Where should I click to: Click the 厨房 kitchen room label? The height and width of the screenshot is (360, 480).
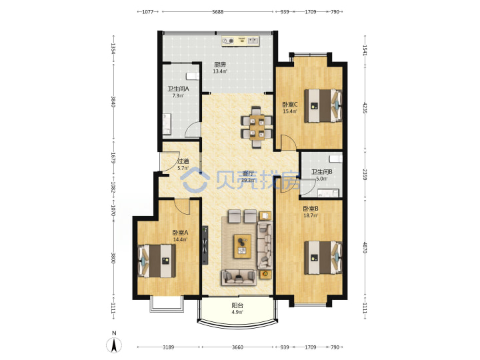click(220, 65)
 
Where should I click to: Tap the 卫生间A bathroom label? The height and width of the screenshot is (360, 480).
click(178, 89)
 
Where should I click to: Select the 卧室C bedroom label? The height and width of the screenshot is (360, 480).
click(289, 105)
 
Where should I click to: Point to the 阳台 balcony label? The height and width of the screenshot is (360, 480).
click(237, 305)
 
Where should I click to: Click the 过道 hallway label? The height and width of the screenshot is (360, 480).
click(183, 161)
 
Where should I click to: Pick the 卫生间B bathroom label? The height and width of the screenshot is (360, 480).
click(322, 172)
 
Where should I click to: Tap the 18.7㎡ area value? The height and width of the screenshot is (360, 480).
click(311, 215)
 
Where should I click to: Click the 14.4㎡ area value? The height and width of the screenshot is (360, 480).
click(180, 239)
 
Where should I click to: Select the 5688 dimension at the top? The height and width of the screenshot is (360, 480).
click(217, 12)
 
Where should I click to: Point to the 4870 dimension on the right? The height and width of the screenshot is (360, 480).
click(365, 247)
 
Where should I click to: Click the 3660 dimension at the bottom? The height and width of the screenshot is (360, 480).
click(237, 347)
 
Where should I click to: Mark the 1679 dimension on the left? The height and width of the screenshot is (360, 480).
click(113, 158)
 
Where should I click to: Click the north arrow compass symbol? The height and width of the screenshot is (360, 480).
click(114, 345)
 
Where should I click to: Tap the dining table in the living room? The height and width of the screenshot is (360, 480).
click(257, 127)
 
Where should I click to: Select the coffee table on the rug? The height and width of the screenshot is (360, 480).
click(243, 246)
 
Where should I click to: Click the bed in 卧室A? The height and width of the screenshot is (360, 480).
click(157, 261)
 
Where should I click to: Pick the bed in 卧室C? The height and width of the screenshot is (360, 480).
click(323, 105)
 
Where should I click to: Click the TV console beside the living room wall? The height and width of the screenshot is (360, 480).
click(205, 245)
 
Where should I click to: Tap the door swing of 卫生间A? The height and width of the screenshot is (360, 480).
click(193, 130)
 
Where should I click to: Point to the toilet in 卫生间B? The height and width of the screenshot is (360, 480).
click(335, 159)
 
